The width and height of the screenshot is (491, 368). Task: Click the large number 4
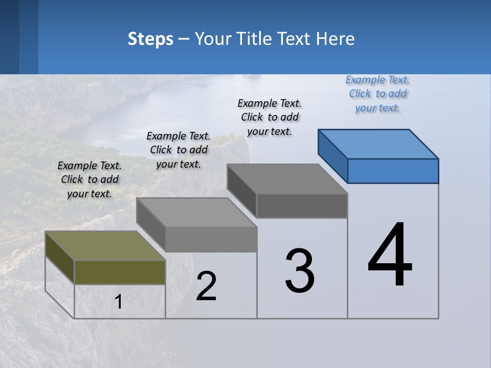coord(390,256)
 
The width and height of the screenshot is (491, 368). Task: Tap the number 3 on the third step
coord(300,271)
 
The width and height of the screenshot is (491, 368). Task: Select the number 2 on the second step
coord(207,286)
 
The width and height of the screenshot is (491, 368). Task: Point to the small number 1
coord(118,302)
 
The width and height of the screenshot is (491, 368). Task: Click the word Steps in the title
coord(150,39)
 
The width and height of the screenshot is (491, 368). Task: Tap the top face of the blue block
coord(378,144)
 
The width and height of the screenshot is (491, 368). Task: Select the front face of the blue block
coord(393,171)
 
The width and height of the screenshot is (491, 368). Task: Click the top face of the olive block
coord(105,246)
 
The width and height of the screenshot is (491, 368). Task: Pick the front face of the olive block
coord(120,272)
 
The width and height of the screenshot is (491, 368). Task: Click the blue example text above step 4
coord(377,94)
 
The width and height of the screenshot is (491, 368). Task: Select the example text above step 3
coord(270,117)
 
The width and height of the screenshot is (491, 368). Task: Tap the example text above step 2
coord(178,150)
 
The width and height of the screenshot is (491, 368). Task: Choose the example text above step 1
coord(90,179)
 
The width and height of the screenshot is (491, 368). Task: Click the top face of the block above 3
coord(287,179)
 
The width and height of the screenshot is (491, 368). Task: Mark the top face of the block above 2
coord(196,212)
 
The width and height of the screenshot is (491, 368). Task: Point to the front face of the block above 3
coord(302,205)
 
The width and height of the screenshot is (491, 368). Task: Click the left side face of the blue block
coord(332,155)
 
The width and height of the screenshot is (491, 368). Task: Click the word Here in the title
coord(336,39)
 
